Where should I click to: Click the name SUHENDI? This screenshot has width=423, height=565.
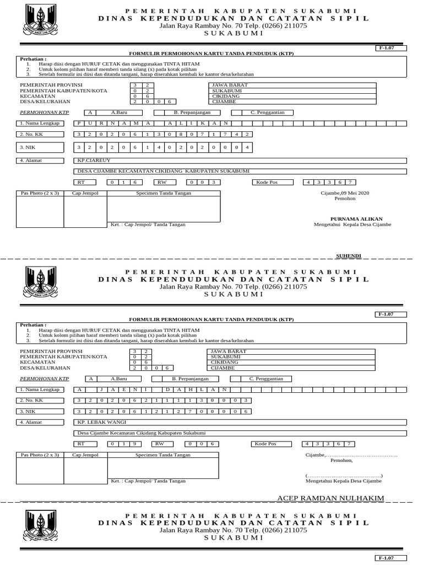pyautogui.click(x=348, y=256)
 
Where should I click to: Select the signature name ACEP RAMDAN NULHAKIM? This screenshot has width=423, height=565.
pyautogui.click(x=330, y=498)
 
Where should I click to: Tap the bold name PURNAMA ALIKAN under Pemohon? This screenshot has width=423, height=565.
pyautogui.click(x=356, y=219)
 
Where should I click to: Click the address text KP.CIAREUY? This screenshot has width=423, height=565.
pyautogui.click(x=92, y=161)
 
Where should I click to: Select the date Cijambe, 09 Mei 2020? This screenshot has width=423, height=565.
pyautogui.click(x=345, y=193)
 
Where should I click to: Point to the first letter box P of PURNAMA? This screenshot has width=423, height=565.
pyautogui.click(x=80, y=123)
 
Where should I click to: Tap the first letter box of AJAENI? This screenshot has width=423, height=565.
pyautogui.click(x=80, y=389)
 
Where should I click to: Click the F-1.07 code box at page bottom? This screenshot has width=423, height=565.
pyautogui.click(x=391, y=558)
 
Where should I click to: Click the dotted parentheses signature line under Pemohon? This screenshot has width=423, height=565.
pyautogui.click(x=344, y=475)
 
